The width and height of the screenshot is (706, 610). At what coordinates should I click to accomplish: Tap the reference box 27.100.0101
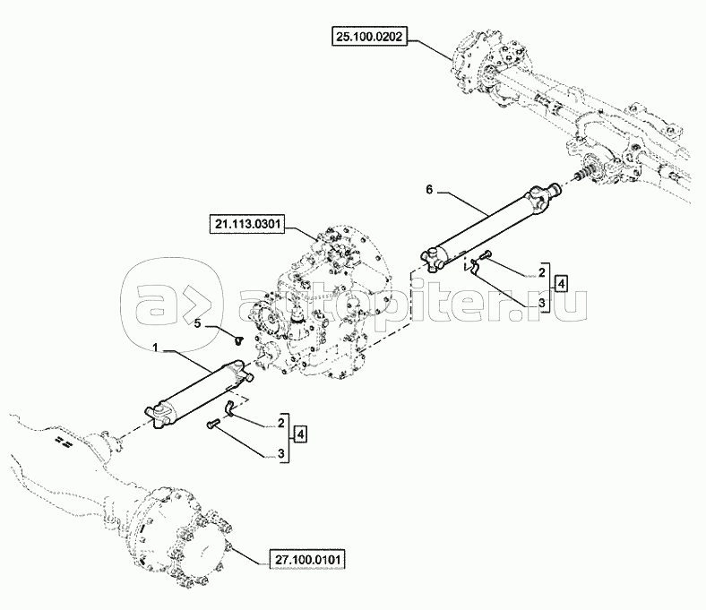[307, 560]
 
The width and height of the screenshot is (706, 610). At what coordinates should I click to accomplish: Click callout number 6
[429, 190]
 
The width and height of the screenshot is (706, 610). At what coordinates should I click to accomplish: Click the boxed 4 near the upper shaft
[560, 284]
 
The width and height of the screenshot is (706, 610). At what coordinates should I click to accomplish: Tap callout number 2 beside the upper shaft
[541, 270]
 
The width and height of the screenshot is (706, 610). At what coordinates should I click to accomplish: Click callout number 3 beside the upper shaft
[541, 304]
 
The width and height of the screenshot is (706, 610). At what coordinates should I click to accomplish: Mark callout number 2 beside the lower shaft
[281, 421]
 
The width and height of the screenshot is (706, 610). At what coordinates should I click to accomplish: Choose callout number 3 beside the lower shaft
[281, 454]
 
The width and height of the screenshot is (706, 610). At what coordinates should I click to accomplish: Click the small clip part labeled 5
[237, 339]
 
